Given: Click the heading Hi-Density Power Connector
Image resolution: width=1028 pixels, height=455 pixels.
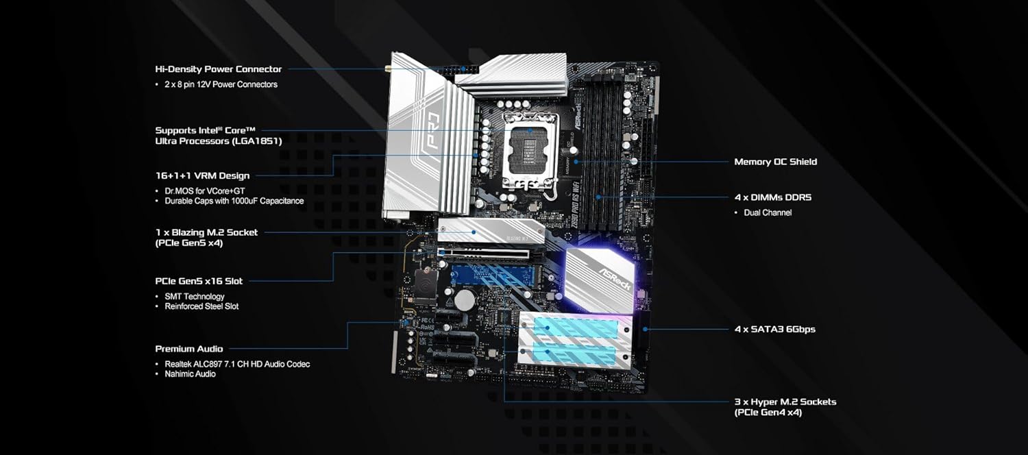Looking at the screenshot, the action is tap(219, 69).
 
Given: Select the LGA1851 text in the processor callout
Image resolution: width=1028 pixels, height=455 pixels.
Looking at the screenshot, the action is tap(258, 141).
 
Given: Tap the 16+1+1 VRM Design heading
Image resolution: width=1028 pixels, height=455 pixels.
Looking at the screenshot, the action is tap(202, 175).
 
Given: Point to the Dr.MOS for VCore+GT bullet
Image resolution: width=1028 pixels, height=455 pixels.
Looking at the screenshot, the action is tap(205, 190).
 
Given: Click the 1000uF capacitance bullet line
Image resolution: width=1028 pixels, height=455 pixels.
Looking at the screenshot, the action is tap(234, 201).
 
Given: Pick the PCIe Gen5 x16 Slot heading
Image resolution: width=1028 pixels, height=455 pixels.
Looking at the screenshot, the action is tap(199, 281).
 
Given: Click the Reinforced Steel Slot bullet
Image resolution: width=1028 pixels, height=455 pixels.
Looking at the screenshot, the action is tap(201, 306).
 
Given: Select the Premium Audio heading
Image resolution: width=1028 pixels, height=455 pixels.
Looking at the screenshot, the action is tap(189, 349).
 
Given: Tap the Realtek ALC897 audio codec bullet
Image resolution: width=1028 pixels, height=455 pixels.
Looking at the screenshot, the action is tap(237, 364).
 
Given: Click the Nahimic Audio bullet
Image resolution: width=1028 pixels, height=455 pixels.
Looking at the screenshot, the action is tap(190, 374).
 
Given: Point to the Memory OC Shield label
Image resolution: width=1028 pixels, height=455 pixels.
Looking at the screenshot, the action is tap(776, 162).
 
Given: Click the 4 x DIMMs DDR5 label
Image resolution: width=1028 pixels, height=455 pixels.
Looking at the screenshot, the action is tap(773, 197).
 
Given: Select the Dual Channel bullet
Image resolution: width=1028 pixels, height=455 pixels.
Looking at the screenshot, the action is tap(768, 213).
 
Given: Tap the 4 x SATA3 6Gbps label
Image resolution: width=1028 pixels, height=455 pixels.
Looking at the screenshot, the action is tap(774, 330).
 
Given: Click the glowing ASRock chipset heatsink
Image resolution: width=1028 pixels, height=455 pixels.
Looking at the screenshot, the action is tap(599, 280).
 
